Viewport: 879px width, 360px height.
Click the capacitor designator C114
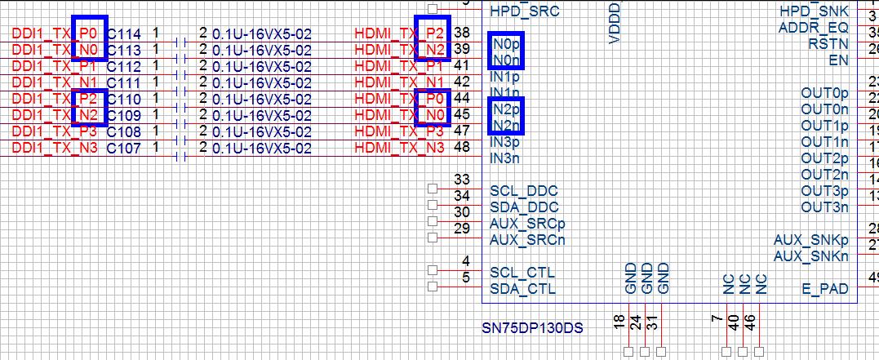click(124, 34)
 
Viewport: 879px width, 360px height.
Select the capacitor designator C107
click(124, 149)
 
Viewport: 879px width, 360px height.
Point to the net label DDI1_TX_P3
click(55, 132)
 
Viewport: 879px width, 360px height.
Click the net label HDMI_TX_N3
click(400, 149)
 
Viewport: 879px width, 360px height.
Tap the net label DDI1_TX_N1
click(55, 83)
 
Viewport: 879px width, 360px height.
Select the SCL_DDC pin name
click(523, 191)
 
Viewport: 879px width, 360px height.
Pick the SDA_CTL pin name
click(522, 289)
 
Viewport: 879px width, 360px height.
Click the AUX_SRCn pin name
click(527, 240)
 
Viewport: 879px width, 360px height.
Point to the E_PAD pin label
click(825, 289)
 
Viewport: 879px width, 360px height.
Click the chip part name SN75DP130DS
click(532, 329)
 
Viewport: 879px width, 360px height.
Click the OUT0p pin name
click(824, 93)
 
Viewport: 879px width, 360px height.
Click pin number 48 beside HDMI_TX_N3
click(461, 148)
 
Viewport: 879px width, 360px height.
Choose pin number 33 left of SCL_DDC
click(462, 180)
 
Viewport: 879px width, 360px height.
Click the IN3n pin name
click(504, 158)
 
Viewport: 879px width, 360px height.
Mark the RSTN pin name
click(828, 44)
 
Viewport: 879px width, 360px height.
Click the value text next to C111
click(261, 83)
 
